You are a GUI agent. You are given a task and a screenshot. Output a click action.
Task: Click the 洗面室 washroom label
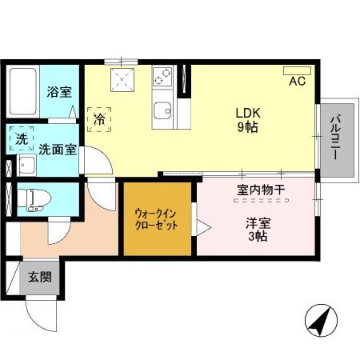[x=58, y=149]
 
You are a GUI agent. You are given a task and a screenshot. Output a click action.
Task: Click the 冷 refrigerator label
[x=101, y=119]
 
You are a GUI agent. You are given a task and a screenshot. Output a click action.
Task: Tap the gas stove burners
[x=163, y=76]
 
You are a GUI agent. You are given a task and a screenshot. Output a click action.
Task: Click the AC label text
[x=297, y=82]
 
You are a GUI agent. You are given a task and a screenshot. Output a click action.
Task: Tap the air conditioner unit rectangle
[x=296, y=70]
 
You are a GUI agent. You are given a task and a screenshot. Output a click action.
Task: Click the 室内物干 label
[x=261, y=190]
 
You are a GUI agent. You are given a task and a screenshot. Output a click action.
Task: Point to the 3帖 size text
[x=258, y=238]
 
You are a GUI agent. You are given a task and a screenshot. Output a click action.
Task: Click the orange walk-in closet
[x=157, y=219]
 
